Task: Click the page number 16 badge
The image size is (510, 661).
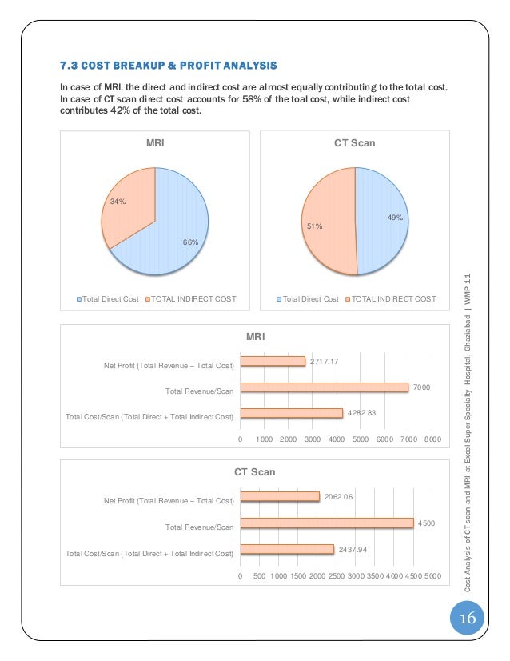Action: (467, 619)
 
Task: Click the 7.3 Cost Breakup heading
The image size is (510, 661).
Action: (169, 64)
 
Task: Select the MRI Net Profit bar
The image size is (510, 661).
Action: (273, 362)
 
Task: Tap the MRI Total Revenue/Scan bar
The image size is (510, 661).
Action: (324, 387)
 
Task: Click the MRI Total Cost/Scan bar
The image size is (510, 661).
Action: (291, 413)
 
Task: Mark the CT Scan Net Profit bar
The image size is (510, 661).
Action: (279, 497)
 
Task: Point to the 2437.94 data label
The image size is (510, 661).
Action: (353, 550)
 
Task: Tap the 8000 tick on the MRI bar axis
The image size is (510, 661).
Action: (432, 439)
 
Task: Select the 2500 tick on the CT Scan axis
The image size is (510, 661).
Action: (336, 575)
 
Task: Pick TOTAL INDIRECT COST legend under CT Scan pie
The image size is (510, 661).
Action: (393, 299)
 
